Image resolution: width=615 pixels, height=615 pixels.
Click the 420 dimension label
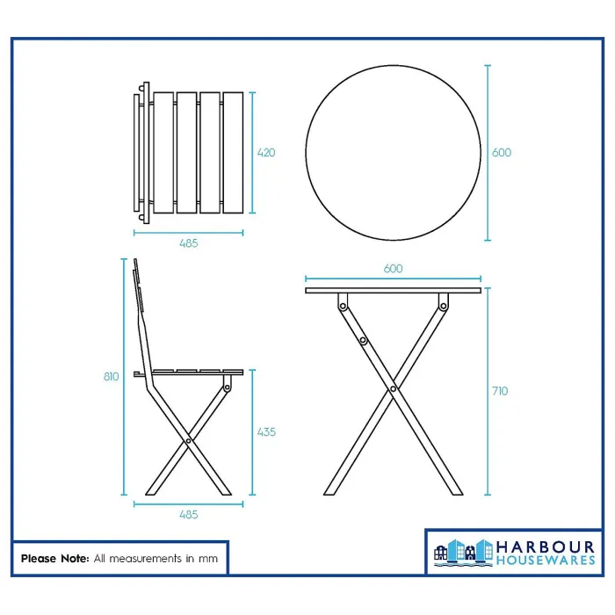[x=266, y=153]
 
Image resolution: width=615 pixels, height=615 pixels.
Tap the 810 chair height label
[x=111, y=377]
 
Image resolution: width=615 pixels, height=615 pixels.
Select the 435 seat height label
[x=266, y=431]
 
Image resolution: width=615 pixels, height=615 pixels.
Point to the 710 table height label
[x=500, y=391]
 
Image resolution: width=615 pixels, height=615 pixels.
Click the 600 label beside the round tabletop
[x=502, y=153]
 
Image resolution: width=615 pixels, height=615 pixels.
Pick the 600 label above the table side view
[x=394, y=269]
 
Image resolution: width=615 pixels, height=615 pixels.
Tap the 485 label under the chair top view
[x=188, y=243]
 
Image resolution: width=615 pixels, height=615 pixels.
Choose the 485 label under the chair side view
[x=188, y=515]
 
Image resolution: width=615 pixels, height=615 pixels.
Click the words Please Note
[x=54, y=558]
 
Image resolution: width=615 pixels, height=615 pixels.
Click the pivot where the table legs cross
[x=393, y=387]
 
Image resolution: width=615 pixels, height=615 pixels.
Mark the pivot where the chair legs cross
[x=190, y=440]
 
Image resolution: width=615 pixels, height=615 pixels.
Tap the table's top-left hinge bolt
[x=344, y=305]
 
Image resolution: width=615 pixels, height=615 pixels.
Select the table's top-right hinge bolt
[x=443, y=305]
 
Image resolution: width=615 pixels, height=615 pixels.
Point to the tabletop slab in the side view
[x=394, y=290]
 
